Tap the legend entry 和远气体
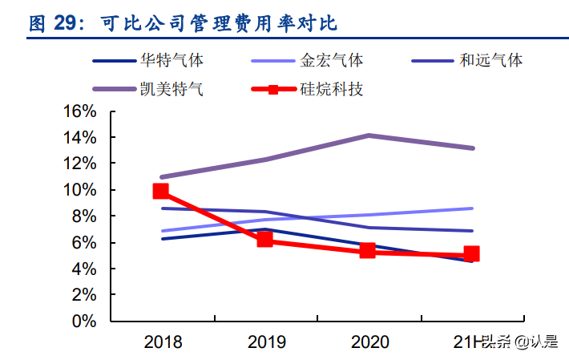(x=491, y=60)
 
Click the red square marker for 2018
(x=161, y=191)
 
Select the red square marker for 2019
(x=264, y=239)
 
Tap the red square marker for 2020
(x=368, y=250)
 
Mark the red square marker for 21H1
(x=471, y=254)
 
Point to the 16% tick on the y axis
(x=79, y=111)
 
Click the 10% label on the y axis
(x=79, y=190)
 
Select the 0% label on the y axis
(x=83, y=321)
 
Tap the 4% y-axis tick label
(x=83, y=269)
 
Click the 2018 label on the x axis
(x=163, y=343)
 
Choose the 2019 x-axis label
(x=266, y=343)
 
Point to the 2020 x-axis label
(x=369, y=343)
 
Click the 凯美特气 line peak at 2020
(x=368, y=136)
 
